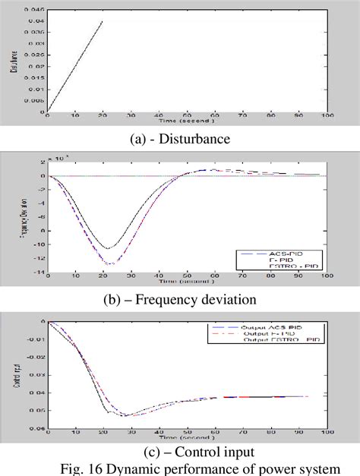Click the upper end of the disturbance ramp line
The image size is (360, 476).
(x=103, y=21)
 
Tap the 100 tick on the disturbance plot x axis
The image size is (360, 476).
(x=327, y=116)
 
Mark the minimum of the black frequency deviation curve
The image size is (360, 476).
(x=108, y=248)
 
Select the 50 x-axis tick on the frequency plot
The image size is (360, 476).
(x=187, y=278)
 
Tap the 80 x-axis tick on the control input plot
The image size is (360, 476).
(x=271, y=433)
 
